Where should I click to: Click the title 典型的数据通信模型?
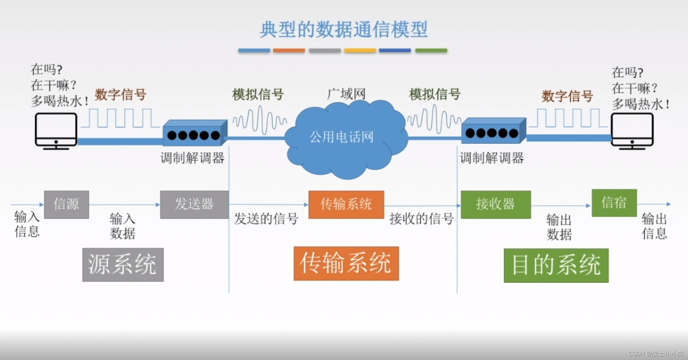(344, 29)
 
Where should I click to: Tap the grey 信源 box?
(66, 205)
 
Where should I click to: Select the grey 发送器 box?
(194, 205)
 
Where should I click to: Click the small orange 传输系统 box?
(346, 205)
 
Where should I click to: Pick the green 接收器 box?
(496, 205)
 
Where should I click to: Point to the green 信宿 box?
(614, 203)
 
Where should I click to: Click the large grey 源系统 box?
(123, 265)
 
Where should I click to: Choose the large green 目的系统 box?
(556, 265)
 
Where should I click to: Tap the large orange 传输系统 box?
(346, 263)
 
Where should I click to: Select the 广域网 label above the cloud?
(346, 94)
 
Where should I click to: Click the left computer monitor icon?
(56, 131)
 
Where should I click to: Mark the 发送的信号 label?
(266, 219)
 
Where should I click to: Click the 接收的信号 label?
(421, 219)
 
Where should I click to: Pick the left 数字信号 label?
(120, 95)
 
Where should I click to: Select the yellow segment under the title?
(360, 50)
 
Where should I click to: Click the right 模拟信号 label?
(435, 94)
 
